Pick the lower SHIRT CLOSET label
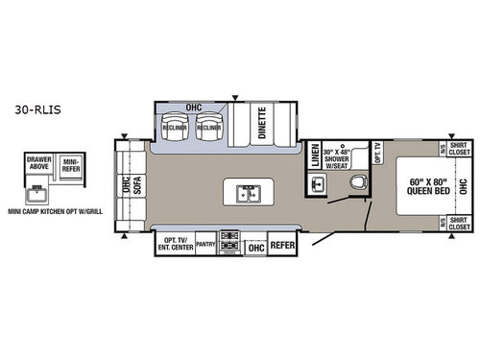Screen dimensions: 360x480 coord(458,223)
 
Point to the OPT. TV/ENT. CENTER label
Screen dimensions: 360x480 coord(174,244)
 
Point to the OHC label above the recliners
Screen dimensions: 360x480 coord(192,107)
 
